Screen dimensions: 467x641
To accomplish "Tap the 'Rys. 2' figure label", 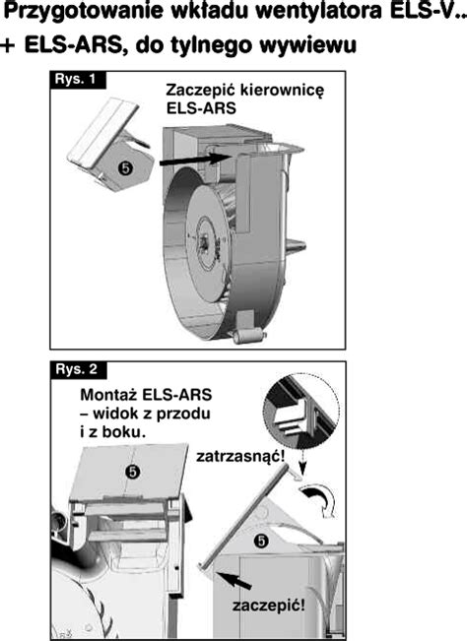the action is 78,369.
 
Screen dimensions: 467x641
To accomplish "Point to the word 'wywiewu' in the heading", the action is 308,45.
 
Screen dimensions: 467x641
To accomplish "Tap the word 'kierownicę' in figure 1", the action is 282,91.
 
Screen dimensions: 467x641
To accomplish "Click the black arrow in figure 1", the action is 193,160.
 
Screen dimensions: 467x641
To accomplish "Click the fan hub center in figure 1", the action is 203,241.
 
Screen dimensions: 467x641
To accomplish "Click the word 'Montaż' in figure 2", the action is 108,395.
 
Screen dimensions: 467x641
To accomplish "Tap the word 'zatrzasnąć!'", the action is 240,456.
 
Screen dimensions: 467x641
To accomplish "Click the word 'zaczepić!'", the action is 269,606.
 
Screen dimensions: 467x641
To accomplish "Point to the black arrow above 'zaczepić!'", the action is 233,581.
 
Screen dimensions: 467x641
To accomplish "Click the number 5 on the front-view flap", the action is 133,473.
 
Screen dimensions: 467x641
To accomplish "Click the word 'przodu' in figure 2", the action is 183,414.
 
